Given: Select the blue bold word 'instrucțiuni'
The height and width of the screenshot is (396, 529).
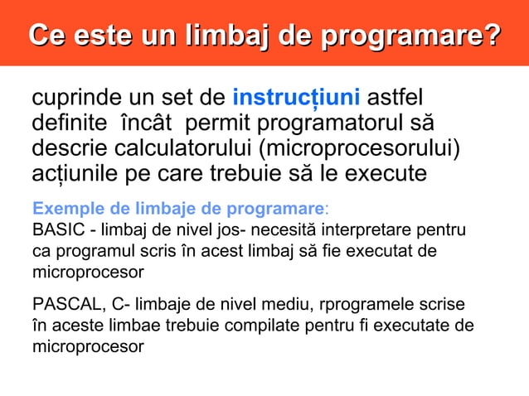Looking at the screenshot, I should (x=296, y=99).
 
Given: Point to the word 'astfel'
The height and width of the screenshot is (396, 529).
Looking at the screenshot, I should (x=400, y=99).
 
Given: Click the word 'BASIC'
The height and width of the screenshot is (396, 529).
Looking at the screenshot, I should (x=55, y=229).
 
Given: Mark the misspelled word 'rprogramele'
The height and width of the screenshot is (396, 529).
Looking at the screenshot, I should (x=375, y=304).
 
